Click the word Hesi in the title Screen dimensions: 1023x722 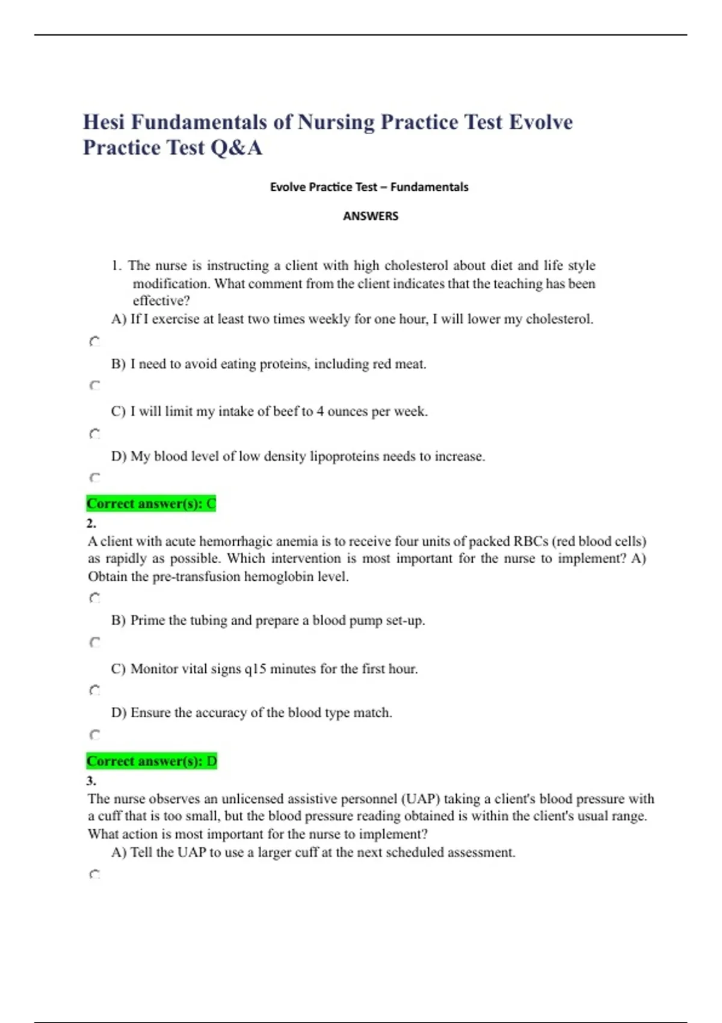click(103, 122)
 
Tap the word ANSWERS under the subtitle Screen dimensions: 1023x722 click(371, 216)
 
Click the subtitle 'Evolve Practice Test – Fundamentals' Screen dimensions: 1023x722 click(369, 187)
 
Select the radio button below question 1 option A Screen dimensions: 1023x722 click(94, 342)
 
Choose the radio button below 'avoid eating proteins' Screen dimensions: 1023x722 click(94, 385)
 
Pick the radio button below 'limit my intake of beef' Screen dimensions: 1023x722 click(94, 433)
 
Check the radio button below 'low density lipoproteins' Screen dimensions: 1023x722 click(94, 478)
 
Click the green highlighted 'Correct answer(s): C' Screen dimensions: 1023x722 click(151, 504)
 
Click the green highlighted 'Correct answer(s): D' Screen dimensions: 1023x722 click(152, 761)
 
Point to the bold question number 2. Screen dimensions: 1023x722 click(91, 523)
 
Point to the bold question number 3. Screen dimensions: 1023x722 click(91, 780)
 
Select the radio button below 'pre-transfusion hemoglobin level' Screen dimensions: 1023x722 click(94, 598)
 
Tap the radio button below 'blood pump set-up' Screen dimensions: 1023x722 click(94, 643)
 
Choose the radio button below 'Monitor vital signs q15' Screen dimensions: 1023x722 click(94, 690)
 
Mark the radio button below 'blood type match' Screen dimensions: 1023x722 click(94, 735)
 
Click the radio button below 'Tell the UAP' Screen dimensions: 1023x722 click(94, 874)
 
